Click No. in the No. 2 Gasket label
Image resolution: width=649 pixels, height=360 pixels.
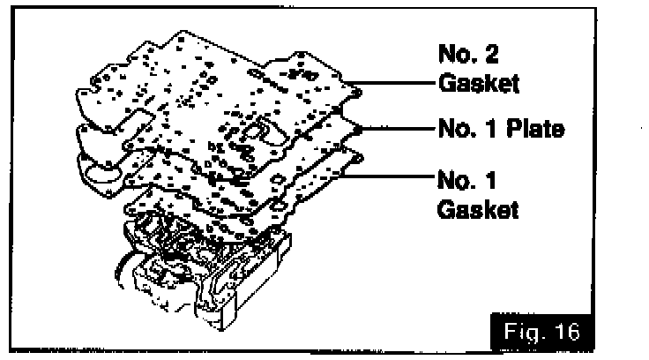pyautogui.click(x=457, y=55)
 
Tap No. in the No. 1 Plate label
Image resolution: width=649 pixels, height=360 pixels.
pyautogui.click(x=457, y=129)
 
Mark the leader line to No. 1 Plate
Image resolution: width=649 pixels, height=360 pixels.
pyautogui.click(x=397, y=129)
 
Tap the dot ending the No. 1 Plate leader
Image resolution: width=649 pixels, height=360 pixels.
pyautogui.click(x=359, y=129)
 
